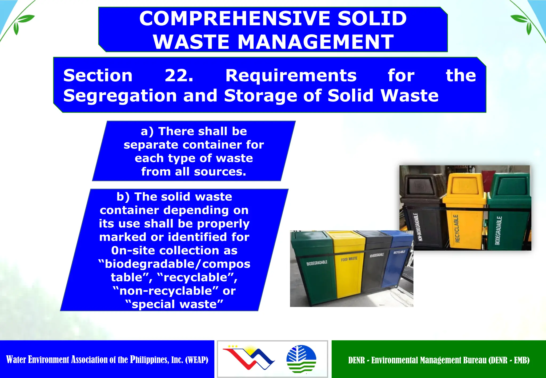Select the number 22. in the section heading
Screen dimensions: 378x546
tap(179, 75)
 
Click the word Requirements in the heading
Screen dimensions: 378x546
tap(291, 75)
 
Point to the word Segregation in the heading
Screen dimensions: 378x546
tap(120, 96)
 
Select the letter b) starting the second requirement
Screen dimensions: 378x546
tap(123, 197)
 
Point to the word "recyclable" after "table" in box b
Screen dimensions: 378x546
tap(197, 277)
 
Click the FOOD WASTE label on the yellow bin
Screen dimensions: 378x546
tap(349, 259)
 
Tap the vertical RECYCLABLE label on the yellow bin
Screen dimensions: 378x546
tap(457, 228)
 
